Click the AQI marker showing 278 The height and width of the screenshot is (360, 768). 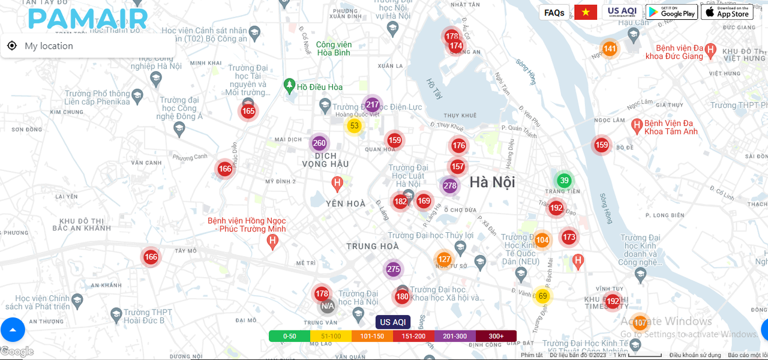point(450,185)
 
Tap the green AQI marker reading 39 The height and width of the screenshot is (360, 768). point(563,181)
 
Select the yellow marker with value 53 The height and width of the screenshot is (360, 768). point(354,125)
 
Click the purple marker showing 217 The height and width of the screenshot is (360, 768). point(372,104)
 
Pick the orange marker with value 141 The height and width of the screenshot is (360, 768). point(610,49)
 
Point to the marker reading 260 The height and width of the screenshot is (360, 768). point(319,143)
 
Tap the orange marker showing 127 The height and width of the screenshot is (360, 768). point(444,259)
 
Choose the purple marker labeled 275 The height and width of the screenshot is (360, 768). point(393,269)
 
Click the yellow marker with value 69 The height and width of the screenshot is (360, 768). point(542,296)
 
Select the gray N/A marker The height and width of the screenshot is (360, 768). point(327,306)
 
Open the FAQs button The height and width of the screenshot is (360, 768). point(554,13)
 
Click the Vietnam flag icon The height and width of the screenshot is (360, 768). point(586,13)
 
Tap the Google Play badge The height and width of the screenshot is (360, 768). point(671,12)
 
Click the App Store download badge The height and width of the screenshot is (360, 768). point(727,12)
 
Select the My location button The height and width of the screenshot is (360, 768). point(40,46)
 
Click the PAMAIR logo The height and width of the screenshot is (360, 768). point(88,18)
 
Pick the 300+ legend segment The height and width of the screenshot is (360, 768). point(496,336)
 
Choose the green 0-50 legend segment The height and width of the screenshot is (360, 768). point(289,336)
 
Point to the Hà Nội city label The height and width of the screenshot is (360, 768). point(492,182)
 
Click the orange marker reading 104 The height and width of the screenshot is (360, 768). point(542,240)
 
